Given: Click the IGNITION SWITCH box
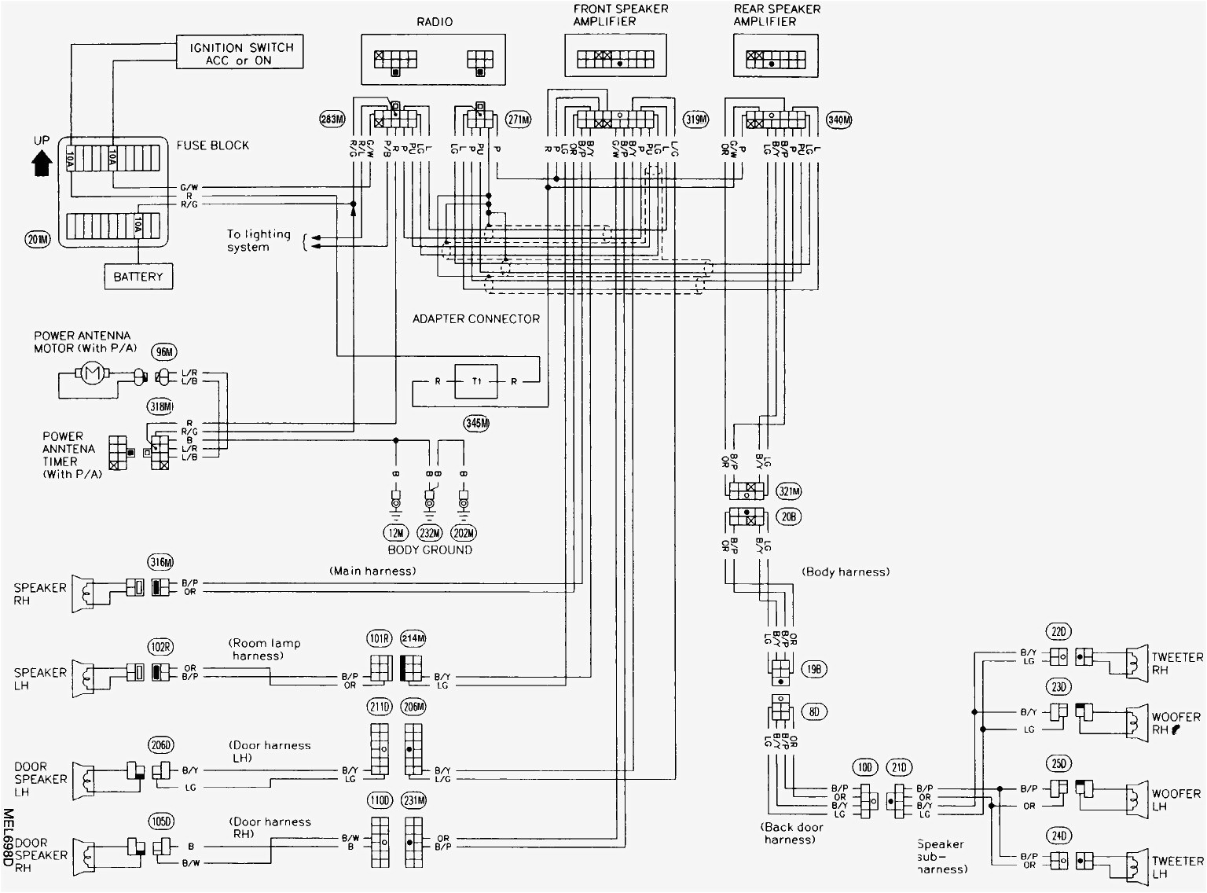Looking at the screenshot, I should (240, 53).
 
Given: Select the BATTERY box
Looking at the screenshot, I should (138, 277).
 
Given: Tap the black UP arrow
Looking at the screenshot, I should (42, 163).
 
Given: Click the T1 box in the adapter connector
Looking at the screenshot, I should (476, 381).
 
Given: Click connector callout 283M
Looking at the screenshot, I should (332, 120).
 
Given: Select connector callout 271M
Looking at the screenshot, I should (518, 120).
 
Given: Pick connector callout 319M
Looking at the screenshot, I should (695, 120).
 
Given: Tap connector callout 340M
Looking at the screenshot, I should (838, 120).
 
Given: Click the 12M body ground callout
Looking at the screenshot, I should (395, 532).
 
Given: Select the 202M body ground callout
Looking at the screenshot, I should (464, 532).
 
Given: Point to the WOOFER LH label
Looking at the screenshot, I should (1176, 800).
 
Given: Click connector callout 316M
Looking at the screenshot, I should (160, 561).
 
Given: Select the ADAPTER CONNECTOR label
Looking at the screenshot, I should (476, 319).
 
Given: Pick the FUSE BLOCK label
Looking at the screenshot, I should (212, 145).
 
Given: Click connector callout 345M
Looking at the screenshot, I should (476, 423).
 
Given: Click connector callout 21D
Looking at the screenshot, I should (899, 767).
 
